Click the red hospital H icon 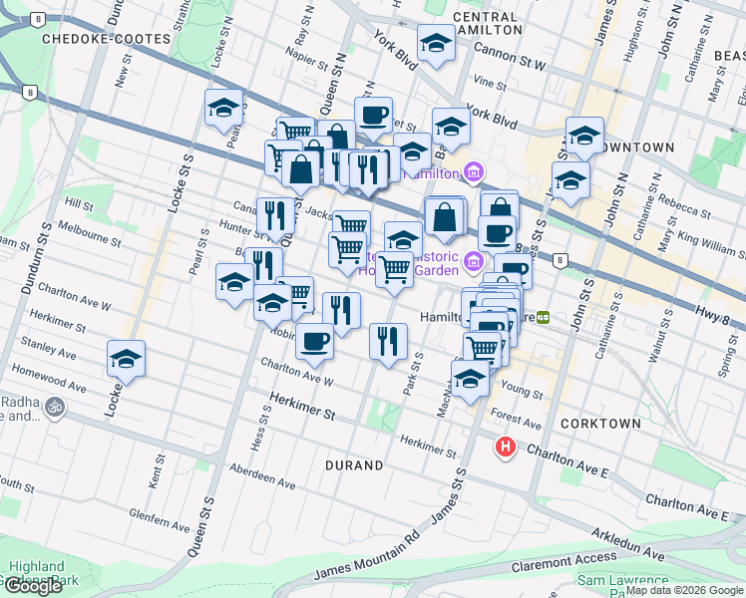[x=506, y=448]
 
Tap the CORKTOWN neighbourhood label [x=600, y=424]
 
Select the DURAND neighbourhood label [x=354, y=465]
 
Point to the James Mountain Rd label [x=365, y=557]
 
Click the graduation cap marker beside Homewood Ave [x=127, y=359]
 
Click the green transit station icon [x=544, y=317]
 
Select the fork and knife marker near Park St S [x=388, y=340]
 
